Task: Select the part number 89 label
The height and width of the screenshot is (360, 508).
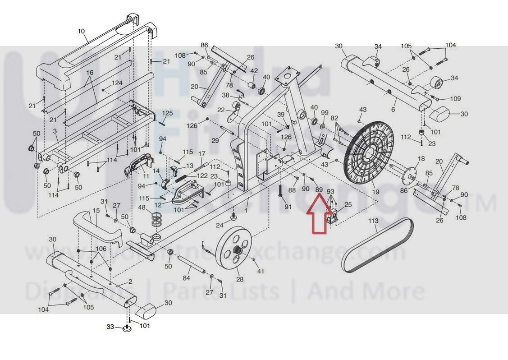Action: coord(319,190)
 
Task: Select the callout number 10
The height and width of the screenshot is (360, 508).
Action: coord(81,31)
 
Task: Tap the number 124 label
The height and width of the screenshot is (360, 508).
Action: coord(117,83)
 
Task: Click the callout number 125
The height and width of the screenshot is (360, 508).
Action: coord(167,113)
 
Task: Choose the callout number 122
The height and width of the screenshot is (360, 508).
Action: coord(202,176)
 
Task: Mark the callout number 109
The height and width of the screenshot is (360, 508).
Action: coord(455,99)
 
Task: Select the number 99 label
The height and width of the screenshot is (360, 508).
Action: coord(325,112)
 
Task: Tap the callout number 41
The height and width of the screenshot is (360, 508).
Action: coord(260,271)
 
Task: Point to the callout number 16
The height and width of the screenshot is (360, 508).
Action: coord(90,73)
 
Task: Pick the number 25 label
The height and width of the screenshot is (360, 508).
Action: coord(348,205)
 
